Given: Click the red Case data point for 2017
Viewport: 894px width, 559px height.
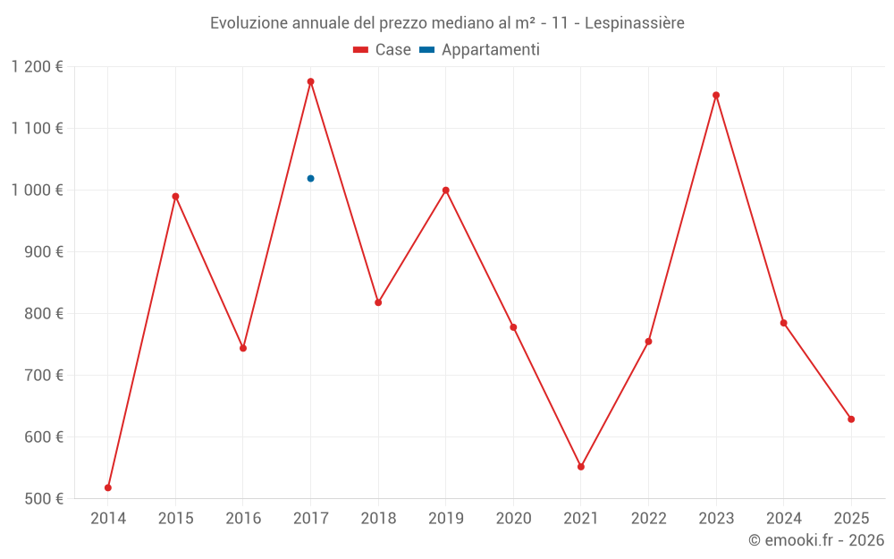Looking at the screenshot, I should point(310,81).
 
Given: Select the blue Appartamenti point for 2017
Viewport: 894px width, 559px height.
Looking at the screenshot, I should point(310,178).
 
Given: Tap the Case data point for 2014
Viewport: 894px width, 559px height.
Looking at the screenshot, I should point(108,487).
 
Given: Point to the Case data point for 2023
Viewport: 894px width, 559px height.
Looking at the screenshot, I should point(716,95).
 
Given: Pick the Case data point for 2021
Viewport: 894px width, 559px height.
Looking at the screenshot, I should point(581,467).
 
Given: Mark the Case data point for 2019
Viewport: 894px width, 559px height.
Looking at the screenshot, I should point(445,191).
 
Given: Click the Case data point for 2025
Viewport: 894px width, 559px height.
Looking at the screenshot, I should point(851,419).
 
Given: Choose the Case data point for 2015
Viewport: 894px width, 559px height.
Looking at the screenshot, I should point(175,196).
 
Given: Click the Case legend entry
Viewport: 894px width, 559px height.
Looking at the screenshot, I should point(383,50).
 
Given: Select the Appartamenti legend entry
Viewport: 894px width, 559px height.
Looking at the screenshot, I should point(480,50).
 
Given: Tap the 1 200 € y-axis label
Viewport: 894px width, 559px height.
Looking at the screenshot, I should point(38,66).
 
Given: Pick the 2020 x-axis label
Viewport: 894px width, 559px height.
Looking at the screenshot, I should point(513,519).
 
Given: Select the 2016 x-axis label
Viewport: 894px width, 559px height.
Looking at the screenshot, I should point(243,519).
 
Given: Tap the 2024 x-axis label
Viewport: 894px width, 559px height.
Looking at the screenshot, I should point(783,519).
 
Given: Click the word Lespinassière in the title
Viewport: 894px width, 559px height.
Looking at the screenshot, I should point(635,23).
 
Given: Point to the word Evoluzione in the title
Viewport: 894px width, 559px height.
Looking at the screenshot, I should point(249,23).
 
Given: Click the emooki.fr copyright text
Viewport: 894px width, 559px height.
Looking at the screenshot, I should point(815,540).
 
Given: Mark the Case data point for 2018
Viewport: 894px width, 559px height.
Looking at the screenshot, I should point(378,302).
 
